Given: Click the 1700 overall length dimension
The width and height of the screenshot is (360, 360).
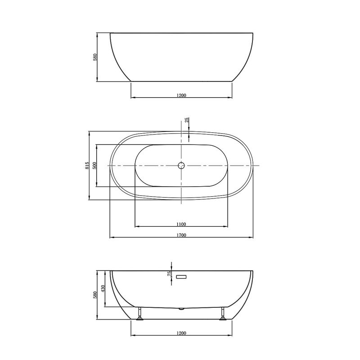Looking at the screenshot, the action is point(181,235).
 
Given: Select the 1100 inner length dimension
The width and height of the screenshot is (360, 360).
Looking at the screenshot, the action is point(181,224).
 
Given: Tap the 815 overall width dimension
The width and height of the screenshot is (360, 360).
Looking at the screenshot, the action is point(87,166).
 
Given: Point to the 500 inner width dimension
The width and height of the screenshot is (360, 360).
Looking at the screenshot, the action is point(94,165).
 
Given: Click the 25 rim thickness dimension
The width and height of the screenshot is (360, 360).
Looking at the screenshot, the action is point(187,120).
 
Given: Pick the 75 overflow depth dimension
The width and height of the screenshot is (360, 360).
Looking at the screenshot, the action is point(170,274).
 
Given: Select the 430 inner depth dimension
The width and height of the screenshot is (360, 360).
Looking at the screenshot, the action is point(103,288).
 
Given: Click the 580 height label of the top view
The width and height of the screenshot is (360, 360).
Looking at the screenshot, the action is point(95,57).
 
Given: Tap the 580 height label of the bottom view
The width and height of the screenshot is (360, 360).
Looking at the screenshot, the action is point(95,295).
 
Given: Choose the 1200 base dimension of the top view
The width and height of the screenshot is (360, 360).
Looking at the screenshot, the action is point(181,95).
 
